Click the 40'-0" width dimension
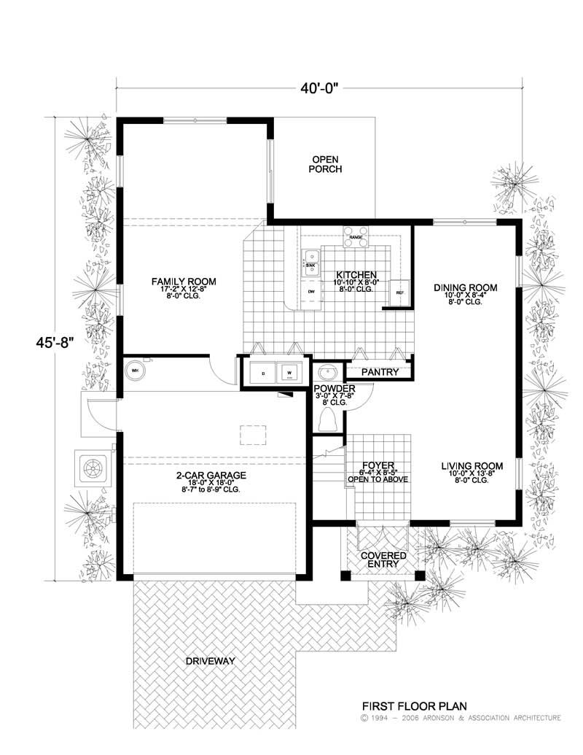pyautogui.click(x=319, y=89)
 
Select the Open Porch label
pyautogui.click(x=325, y=164)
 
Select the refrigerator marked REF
pyautogui.click(x=399, y=293)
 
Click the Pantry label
pyautogui.click(x=380, y=372)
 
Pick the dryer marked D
pyautogui.click(x=262, y=372)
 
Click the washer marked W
pyautogui.click(x=289, y=372)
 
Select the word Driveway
pyautogui.click(x=209, y=661)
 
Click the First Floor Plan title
pyautogui.click(x=415, y=706)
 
